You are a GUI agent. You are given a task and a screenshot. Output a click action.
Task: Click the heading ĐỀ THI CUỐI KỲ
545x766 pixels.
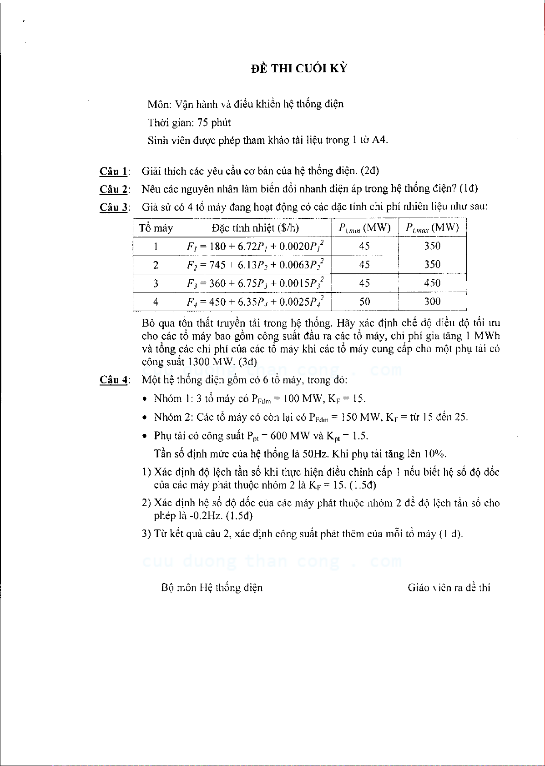tap(299, 69)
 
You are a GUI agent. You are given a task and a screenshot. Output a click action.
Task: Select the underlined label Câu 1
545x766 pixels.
tap(113, 171)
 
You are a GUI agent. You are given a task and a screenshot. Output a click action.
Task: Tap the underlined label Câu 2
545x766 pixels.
tap(113, 189)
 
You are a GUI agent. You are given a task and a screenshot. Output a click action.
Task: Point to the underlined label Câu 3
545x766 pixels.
tap(113, 207)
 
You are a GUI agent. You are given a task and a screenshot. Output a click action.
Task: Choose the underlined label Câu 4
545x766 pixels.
tap(113, 380)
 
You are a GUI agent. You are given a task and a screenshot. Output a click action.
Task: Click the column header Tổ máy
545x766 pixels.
tap(156, 228)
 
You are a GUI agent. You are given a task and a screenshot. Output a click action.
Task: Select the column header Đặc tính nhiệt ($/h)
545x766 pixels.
tap(255, 228)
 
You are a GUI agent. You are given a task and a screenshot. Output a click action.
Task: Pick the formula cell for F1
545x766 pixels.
tap(255, 247)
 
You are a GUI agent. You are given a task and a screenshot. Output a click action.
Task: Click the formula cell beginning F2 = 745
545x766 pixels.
tap(255, 265)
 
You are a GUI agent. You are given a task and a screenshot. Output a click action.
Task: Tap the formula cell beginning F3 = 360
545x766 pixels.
tap(255, 283)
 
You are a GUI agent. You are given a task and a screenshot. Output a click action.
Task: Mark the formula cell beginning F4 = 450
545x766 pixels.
tap(255, 302)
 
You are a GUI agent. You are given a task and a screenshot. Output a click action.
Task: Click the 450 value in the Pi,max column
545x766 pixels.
tap(432, 283)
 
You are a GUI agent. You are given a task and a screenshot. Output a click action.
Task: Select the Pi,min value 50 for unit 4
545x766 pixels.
tap(364, 302)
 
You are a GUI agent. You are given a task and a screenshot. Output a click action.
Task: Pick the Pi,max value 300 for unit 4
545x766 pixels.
tap(432, 302)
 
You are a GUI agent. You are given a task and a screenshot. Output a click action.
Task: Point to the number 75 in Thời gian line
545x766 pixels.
tap(203, 123)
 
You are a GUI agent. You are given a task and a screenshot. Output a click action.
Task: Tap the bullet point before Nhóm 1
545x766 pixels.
tap(145, 399)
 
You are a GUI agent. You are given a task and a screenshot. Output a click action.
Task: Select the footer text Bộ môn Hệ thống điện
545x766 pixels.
tap(212, 588)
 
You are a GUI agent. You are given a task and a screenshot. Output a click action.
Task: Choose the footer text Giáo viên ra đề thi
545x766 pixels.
tap(449, 588)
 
